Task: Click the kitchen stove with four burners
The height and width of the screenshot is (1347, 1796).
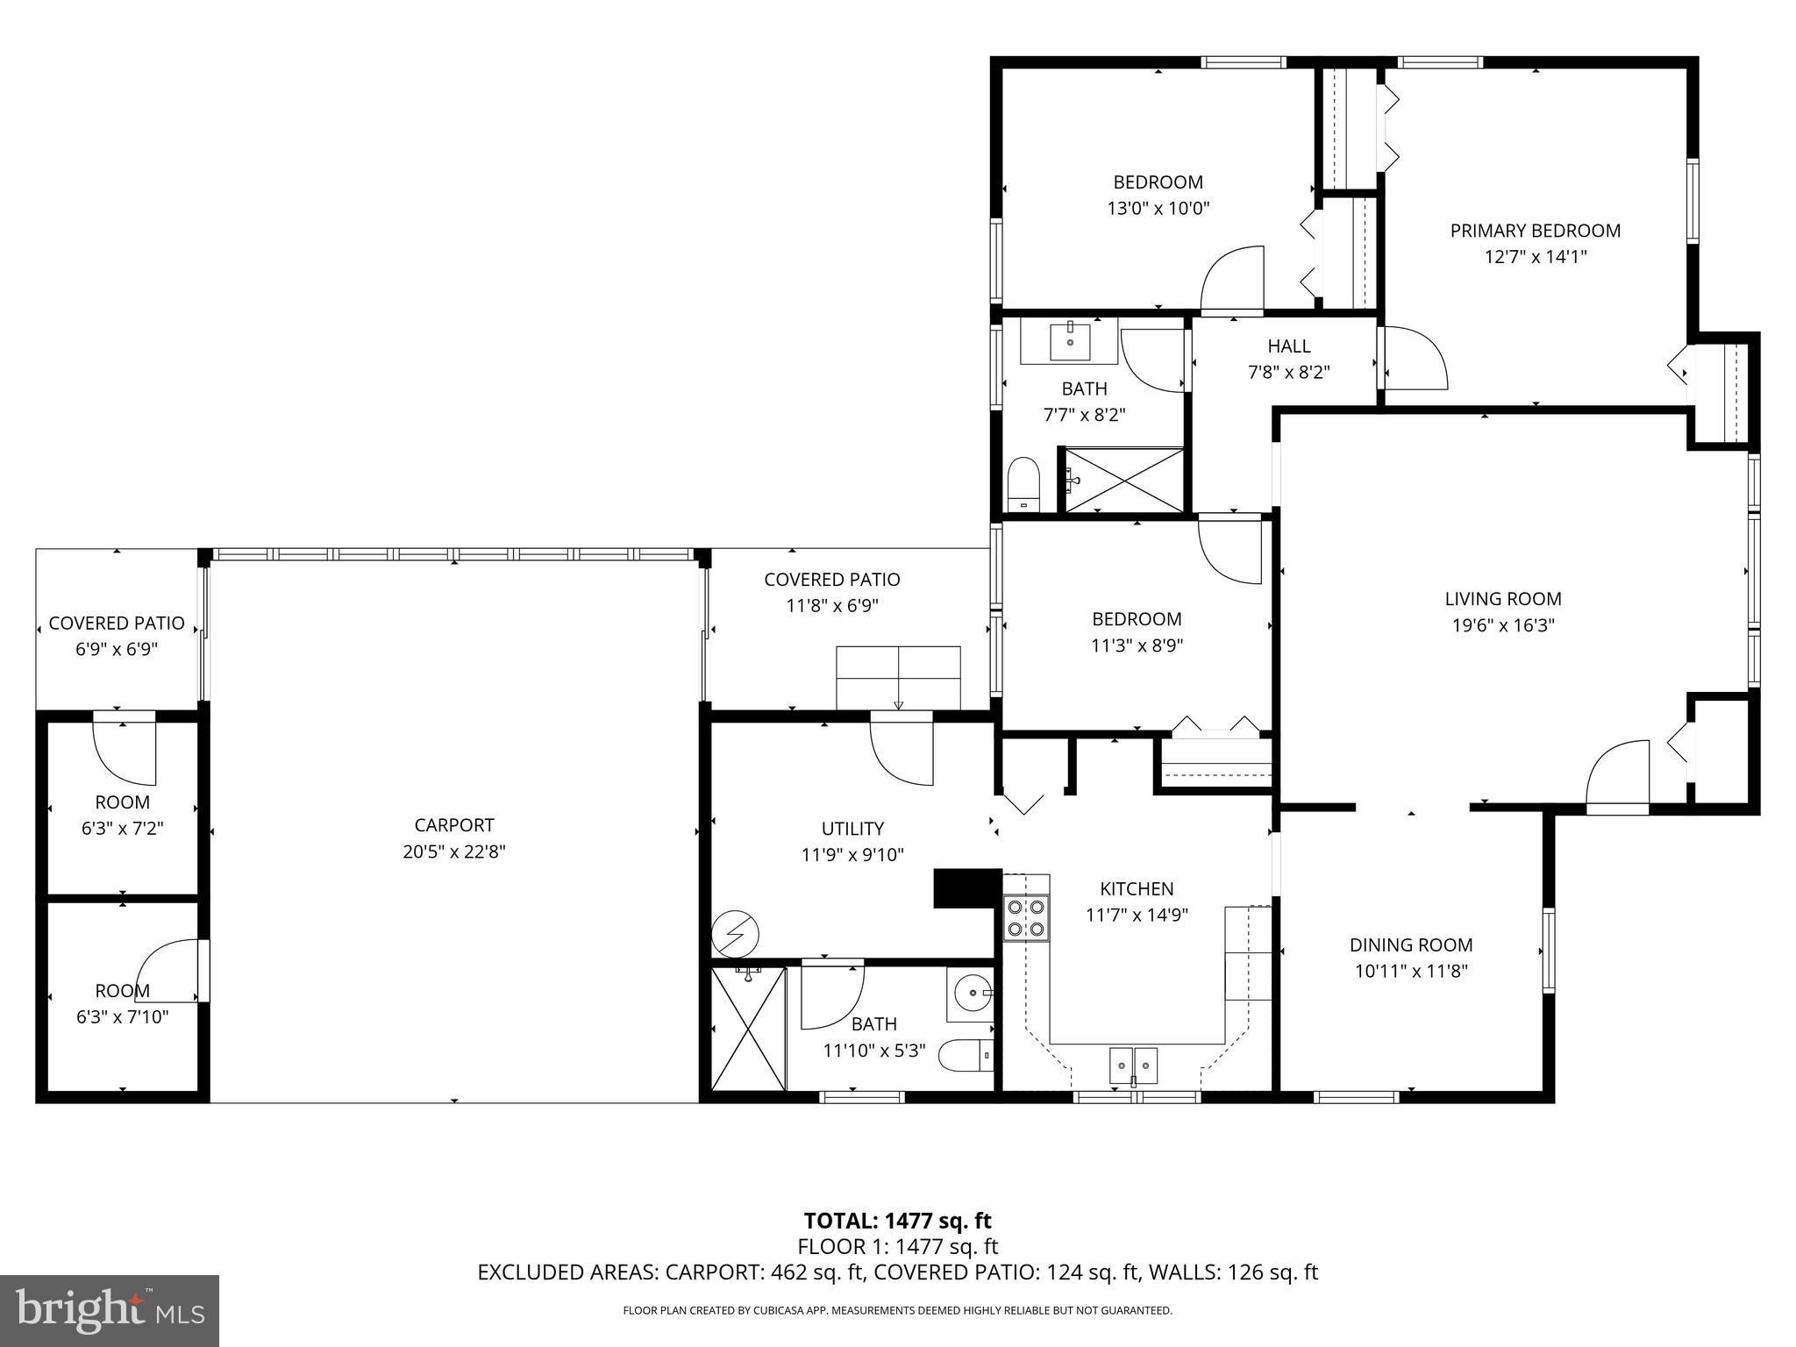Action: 1026,917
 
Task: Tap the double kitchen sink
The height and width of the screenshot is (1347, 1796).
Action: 1133,1065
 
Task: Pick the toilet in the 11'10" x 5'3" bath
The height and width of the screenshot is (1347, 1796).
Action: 966,1055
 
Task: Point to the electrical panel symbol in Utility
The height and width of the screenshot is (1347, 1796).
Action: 736,936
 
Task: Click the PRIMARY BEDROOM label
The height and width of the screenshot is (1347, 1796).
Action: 1535,231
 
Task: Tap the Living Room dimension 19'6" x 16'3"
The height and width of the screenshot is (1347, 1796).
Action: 1502,625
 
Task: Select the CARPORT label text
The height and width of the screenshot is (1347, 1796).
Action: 454,825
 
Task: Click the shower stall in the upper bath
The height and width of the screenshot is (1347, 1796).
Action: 1124,480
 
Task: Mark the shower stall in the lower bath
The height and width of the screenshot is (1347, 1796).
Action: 748,1030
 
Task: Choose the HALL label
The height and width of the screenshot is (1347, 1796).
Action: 1288,346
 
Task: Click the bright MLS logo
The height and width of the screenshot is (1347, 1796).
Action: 110,1310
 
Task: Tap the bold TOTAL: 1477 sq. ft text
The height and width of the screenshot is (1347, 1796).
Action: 897,1221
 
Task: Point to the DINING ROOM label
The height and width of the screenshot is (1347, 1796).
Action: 1410,944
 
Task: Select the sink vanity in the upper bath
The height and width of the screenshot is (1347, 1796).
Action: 1070,341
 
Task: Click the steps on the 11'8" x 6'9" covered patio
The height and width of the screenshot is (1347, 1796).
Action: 898,677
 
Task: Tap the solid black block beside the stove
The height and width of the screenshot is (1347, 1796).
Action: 967,888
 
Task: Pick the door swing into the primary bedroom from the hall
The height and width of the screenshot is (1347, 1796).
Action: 1413,360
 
